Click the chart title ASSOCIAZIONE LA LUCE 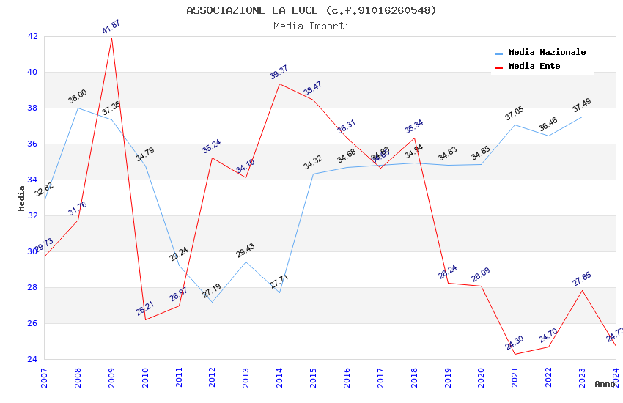click(311, 10)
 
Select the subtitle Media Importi click(311, 26)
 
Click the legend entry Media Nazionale click(547, 52)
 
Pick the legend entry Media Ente click(534, 66)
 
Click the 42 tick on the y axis click(33, 36)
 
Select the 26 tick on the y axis click(33, 323)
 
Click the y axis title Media click(22, 198)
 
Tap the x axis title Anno click(605, 384)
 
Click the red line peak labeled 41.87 click(111, 37)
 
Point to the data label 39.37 click(279, 72)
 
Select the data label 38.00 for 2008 click(78, 96)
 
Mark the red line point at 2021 click(515, 354)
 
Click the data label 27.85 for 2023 click(582, 278)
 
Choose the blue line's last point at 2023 click(582, 117)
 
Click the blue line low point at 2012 click(212, 302)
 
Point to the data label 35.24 click(212, 146)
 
